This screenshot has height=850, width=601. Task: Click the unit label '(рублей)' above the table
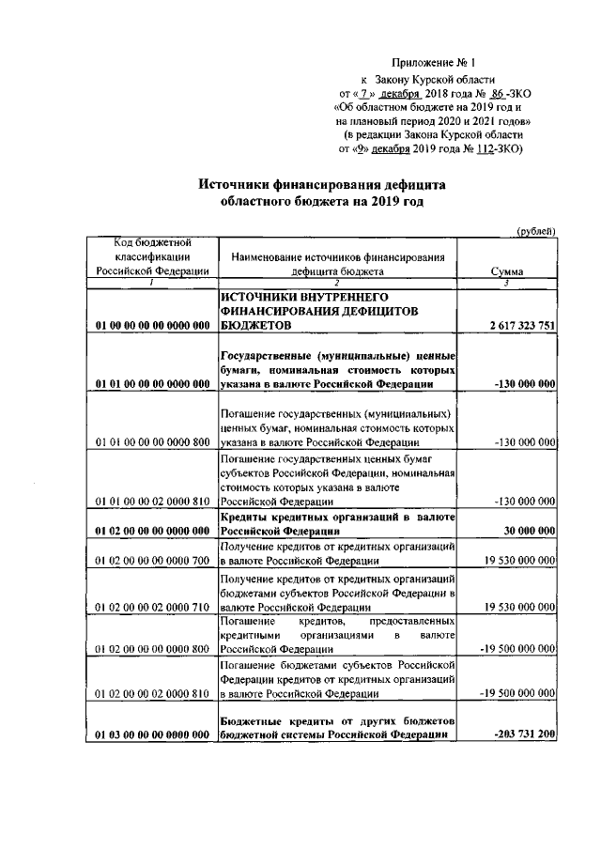(x=537, y=231)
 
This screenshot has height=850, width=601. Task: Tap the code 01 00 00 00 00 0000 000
(x=152, y=325)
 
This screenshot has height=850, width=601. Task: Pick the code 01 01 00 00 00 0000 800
(x=152, y=441)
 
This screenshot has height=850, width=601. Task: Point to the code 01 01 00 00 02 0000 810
(x=152, y=502)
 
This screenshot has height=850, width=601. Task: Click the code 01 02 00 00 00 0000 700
(x=152, y=561)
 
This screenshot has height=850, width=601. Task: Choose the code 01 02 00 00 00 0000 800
(x=152, y=649)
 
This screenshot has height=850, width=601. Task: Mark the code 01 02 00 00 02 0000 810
(x=152, y=695)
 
